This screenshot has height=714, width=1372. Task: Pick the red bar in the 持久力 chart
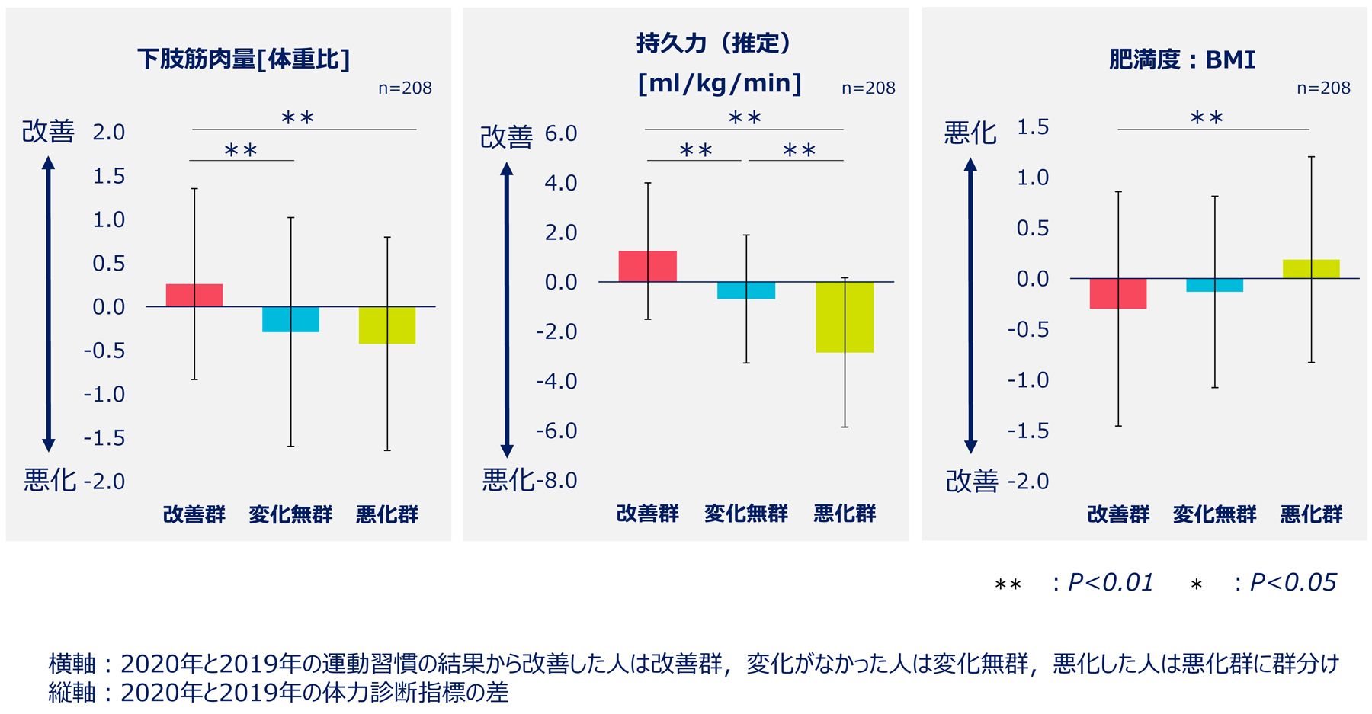coord(648,266)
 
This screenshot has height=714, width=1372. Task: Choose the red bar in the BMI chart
coord(1118,293)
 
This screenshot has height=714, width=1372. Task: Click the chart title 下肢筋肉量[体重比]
coord(243,59)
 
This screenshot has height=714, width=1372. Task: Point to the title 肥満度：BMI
coord(1181,59)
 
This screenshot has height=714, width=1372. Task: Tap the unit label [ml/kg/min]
coord(720,82)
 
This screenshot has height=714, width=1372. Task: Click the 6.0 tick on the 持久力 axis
coord(561,133)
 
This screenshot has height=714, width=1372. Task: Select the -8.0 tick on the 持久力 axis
coord(557,480)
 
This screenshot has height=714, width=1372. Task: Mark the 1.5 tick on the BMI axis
coord(1033,126)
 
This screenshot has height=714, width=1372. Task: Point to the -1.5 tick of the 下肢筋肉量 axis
coord(104,437)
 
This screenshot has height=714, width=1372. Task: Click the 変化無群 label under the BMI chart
coord(1214,514)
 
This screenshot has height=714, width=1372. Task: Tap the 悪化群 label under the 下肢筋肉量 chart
coord(387,514)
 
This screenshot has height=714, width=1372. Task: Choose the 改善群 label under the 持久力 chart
coord(648,514)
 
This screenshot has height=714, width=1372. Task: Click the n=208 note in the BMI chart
coord(1323,88)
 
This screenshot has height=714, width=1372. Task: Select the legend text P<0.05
coord(1293,582)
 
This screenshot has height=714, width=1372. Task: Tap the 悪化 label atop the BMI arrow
coord(970,133)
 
